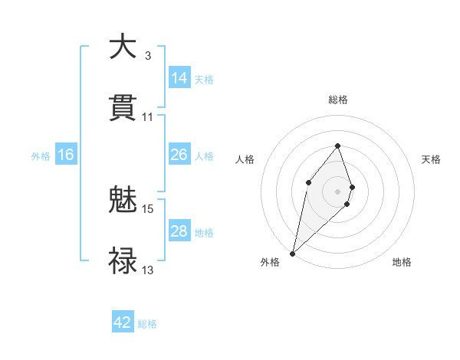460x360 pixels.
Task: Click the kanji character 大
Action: [123, 47]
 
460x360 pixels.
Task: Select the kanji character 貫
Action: [123, 109]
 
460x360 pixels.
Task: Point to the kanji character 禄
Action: [123, 260]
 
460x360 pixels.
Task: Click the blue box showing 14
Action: [179, 78]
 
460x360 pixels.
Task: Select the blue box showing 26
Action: [179, 155]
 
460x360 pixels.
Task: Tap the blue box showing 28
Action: [179, 231]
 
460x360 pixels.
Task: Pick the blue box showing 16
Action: [66, 155]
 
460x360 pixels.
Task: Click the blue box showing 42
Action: [123, 322]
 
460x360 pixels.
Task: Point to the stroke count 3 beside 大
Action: [148, 56]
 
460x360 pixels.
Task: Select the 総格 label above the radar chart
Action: [338, 100]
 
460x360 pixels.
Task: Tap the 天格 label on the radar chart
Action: [431, 159]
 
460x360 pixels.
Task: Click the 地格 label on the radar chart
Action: [402, 262]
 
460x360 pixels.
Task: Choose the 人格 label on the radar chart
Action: [245, 159]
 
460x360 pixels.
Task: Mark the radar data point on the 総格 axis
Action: [338, 146]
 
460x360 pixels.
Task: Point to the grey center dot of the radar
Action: [338, 191]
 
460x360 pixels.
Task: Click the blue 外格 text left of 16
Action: [41, 155]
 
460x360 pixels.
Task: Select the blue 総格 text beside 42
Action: [147, 324]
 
